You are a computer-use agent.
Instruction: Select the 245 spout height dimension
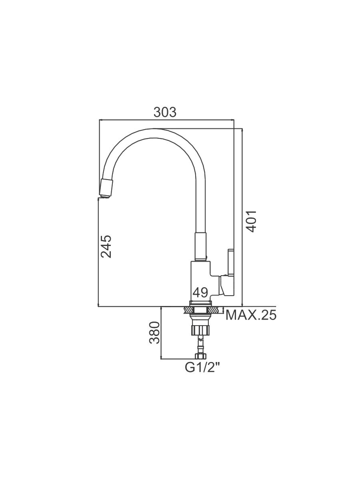(106, 246)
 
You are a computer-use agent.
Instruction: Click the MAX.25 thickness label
(251, 315)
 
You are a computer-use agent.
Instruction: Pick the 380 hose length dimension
(155, 332)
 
